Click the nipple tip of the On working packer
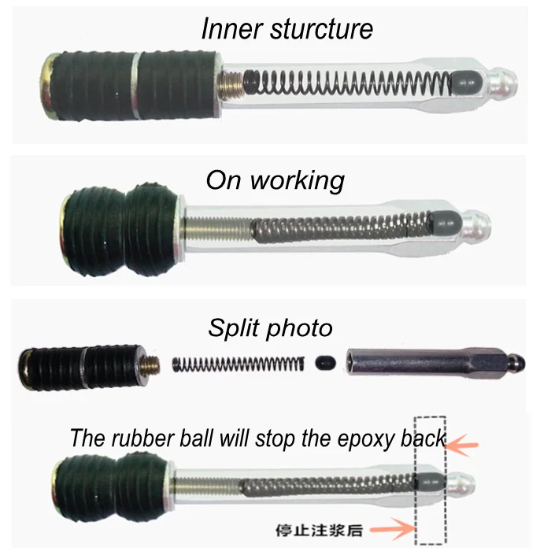click(482, 224)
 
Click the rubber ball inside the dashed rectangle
click(429, 480)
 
